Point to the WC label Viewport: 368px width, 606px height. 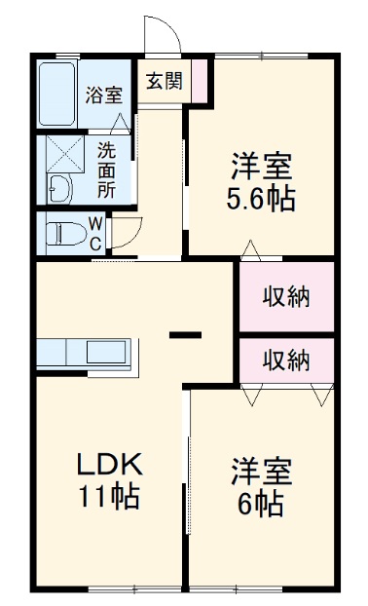[95, 233]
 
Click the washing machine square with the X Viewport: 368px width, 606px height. [60, 155]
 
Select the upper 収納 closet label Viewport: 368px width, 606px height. [286, 296]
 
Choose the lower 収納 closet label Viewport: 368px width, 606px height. [286, 360]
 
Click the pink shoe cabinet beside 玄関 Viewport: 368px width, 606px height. [201, 81]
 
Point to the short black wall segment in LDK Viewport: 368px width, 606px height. [185, 338]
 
